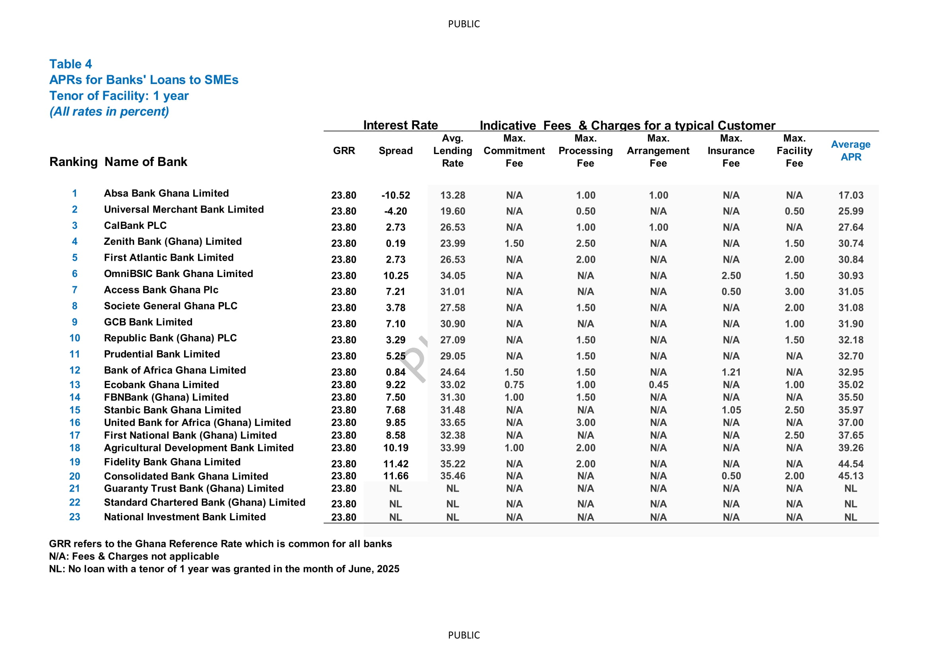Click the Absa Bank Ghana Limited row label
click(166, 193)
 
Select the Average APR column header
click(851, 151)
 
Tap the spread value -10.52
click(395, 195)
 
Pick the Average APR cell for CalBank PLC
click(851, 227)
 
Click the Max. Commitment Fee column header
click(514, 151)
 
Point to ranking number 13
click(75, 385)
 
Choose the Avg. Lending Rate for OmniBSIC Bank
click(453, 275)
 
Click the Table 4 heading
click(70, 64)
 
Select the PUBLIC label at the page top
click(464, 24)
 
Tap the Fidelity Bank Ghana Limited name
click(172, 462)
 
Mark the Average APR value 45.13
click(851, 476)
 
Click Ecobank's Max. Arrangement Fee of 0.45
click(658, 385)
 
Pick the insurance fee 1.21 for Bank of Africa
click(731, 372)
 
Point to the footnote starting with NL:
click(224, 569)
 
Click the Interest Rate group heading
click(400, 125)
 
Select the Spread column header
click(395, 151)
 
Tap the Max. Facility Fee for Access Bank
click(794, 291)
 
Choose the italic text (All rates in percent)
click(109, 111)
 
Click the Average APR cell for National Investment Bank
click(851, 517)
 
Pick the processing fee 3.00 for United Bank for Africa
click(585, 423)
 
